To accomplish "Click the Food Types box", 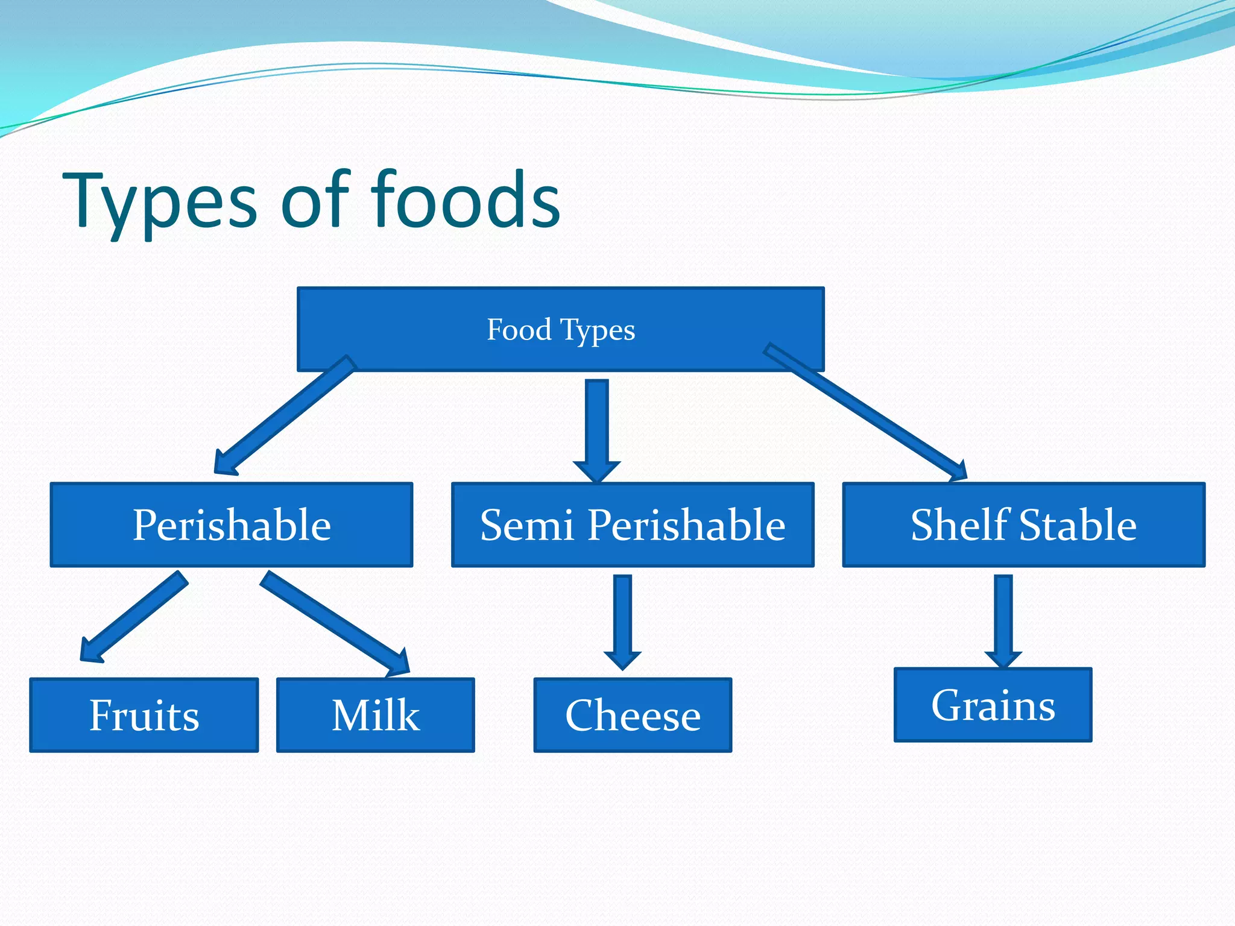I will pos(560,329).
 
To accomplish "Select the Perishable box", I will pos(232,524).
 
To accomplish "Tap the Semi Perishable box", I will pos(633,524).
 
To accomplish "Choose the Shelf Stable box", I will pos(1023,524).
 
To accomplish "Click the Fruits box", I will pos(144,715).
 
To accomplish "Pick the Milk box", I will pos(375,715).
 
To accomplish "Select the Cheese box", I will pos(633,715).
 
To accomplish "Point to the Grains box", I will pos(993,705).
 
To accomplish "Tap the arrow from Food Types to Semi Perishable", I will pos(596,428).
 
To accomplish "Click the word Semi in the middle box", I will pos(526,524).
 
